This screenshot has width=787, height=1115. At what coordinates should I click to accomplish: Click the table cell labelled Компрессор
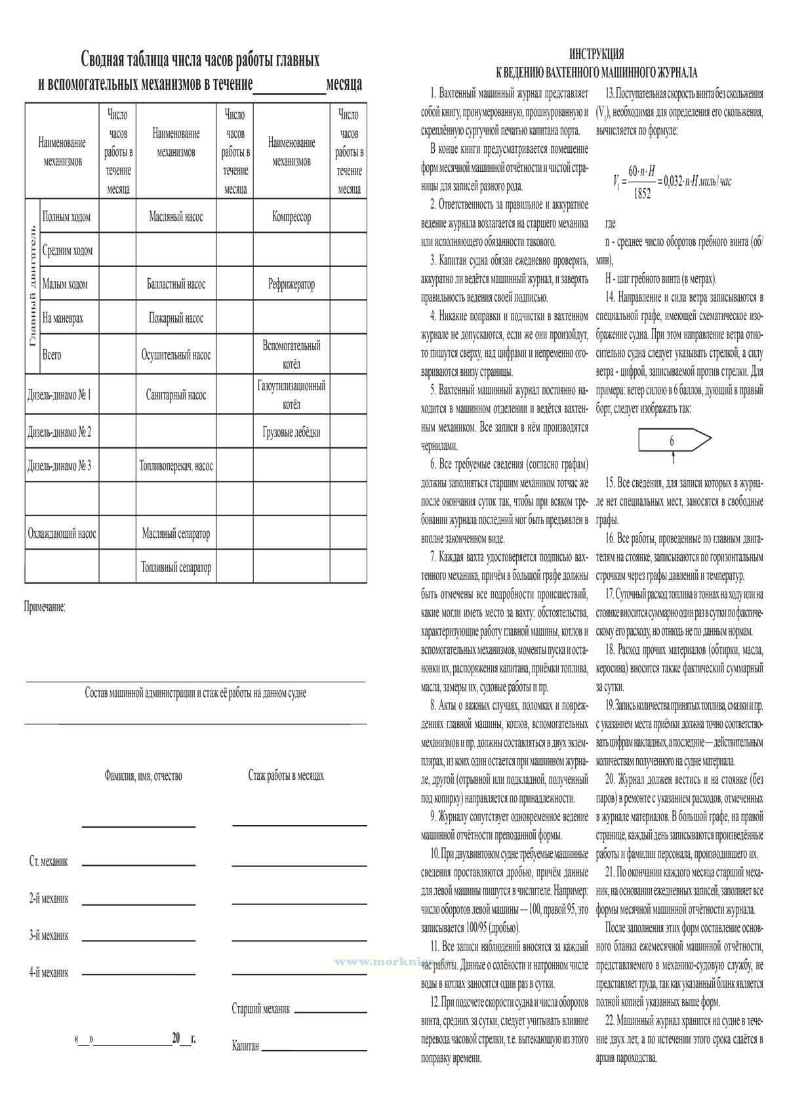(291, 216)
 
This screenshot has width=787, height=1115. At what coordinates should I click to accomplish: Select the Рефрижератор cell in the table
(291, 284)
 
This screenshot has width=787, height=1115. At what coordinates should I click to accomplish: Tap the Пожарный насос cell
(176, 318)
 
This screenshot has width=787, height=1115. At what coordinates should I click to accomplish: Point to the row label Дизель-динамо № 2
(60, 432)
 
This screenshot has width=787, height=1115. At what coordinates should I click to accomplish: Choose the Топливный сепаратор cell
(176, 567)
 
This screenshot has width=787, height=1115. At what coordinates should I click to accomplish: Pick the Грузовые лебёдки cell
(291, 432)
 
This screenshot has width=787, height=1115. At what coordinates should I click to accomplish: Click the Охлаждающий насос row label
(62, 533)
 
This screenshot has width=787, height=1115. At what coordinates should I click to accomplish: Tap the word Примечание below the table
(45, 607)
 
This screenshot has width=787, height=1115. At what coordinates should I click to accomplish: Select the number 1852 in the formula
(643, 193)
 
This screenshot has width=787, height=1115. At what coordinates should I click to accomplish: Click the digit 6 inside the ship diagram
(672, 441)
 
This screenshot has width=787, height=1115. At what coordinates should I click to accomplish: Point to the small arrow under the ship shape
(672, 457)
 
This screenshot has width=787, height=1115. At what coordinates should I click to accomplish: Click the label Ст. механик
(49, 861)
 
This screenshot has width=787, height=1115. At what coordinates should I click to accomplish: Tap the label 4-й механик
(49, 973)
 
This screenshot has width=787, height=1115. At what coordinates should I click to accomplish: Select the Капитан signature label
(245, 1045)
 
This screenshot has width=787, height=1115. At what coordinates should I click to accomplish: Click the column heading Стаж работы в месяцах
(286, 775)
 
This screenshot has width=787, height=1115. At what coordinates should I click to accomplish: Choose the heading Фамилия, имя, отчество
(143, 776)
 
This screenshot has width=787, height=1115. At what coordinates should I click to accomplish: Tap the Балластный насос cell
(176, 284)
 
